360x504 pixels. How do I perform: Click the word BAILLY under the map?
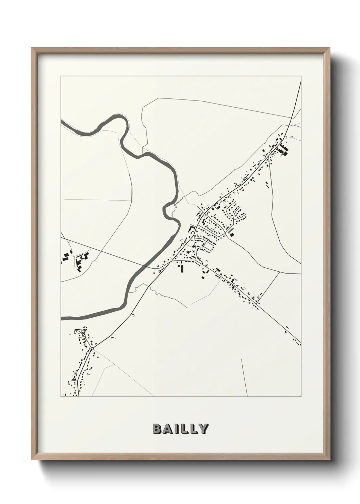(180, 429)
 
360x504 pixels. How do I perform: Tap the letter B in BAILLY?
(157, 429)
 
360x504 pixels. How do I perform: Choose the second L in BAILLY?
(193, 429)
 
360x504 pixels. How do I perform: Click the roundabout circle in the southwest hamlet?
(92, 349)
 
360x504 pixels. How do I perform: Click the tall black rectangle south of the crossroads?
(182, 269)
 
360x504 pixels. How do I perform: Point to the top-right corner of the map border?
(301, 76)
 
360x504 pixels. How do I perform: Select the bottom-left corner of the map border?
(61, 396)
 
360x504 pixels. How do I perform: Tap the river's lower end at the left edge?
(62, 318)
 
